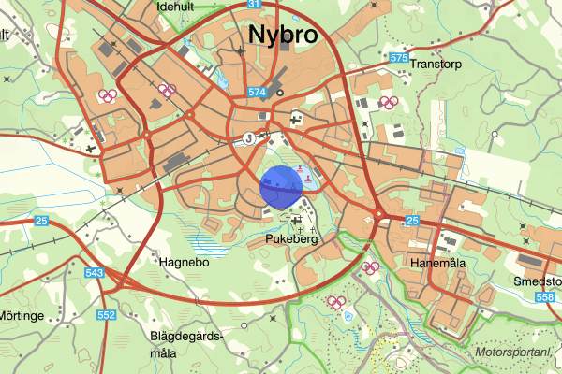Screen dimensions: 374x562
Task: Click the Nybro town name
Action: click(282, 35)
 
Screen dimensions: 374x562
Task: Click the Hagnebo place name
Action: click(183, 263)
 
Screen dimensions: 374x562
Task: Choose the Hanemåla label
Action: click(438, 265)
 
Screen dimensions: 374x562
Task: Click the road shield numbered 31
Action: click(255, 5)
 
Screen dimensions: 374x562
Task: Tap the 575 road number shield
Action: click(399, 58)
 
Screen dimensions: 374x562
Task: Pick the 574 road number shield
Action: click(259, 93)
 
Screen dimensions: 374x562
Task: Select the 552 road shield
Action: click(107, 315)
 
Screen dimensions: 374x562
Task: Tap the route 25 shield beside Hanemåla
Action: click(413, 221)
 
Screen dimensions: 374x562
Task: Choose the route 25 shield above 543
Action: click(41, 221)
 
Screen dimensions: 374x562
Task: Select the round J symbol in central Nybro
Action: click(248, 137)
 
